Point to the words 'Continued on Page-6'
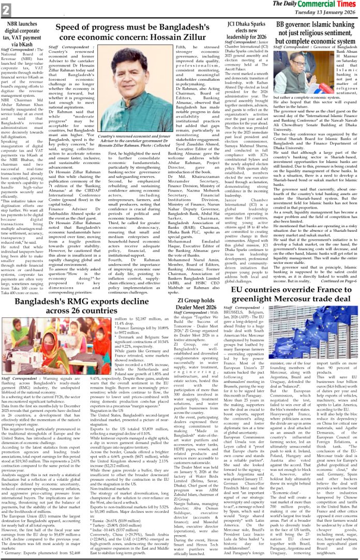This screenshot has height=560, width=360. click(x=338, y=280)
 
